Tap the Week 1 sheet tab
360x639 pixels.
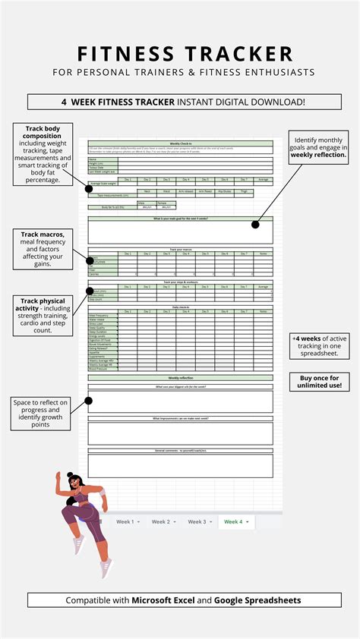tap(125, 522)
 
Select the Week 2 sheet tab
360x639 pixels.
tap(162, 522)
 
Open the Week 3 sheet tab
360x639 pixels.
tap(198, 522)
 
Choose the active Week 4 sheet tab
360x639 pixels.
tap(235, 522)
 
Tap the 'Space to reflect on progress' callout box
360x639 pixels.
tap(43, 413)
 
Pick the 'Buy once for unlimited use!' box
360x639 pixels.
tap(318, 382)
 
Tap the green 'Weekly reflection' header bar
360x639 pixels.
tap(180, 377)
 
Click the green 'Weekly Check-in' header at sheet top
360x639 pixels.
tap(180, 143)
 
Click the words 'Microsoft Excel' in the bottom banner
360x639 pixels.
tap(164, 600)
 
